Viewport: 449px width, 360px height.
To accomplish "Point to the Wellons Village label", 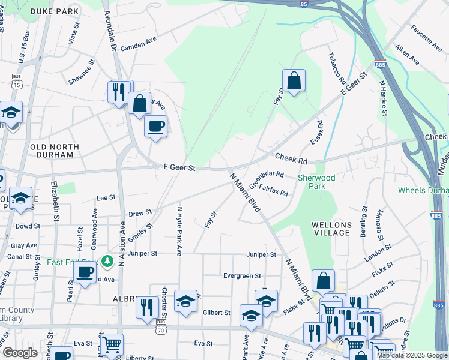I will [331, 229].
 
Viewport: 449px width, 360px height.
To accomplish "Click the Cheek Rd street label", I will [291, 158].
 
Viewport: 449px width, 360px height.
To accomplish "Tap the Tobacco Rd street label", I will [337, 68].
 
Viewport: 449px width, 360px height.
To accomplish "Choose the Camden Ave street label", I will [139, 48].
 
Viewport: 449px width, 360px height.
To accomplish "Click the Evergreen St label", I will [242, 276].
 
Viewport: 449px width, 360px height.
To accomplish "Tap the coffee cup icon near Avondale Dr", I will [155, 126].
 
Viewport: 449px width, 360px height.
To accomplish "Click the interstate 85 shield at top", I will [304, 4].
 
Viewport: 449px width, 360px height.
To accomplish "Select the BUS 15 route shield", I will [16, 81].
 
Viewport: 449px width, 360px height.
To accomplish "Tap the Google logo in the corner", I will [20, 353].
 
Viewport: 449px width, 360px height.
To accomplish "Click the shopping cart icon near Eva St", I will [111, 344].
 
